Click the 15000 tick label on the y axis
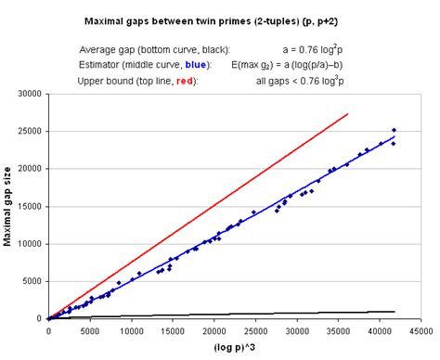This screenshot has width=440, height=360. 30,206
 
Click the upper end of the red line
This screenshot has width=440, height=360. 347,114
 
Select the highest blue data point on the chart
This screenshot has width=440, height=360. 394,131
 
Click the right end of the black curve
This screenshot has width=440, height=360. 395,312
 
